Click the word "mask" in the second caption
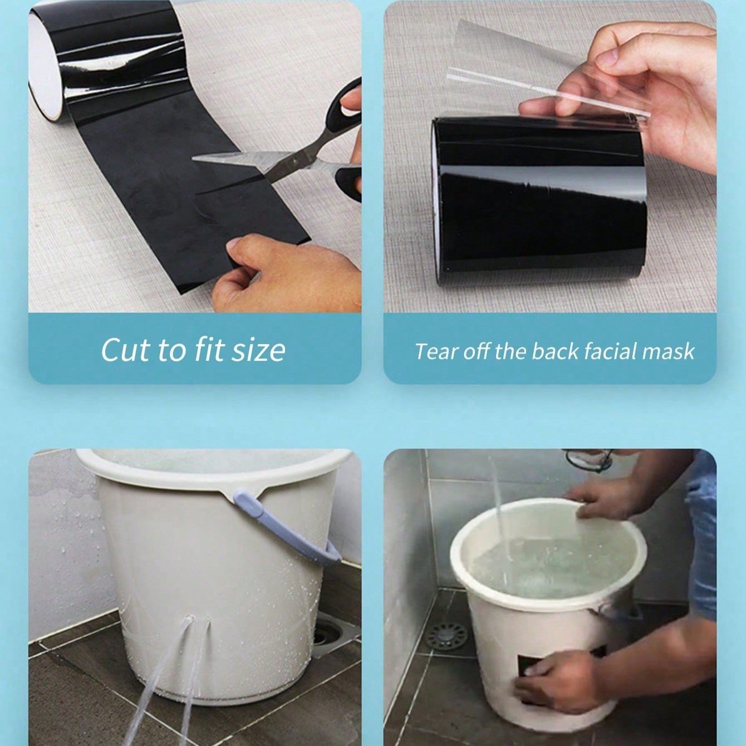(669, 351)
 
